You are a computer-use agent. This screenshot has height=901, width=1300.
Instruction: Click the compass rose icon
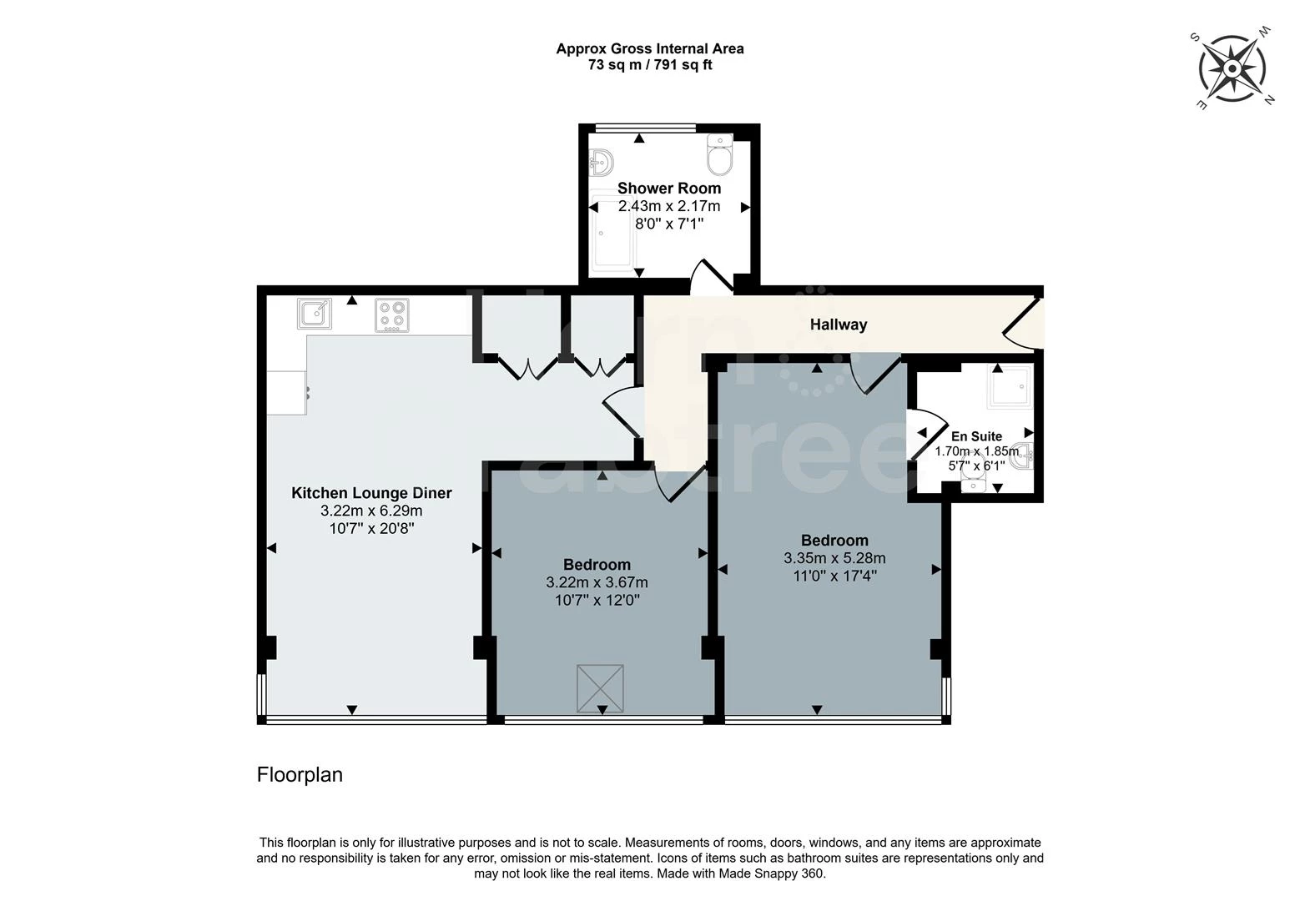(x=1232, y=68)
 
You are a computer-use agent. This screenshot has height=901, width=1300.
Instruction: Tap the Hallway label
(x=838, y=325)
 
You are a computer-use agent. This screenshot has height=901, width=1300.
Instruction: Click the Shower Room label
(x=668, y=188)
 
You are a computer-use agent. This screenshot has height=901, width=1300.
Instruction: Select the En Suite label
(x=976, y=435)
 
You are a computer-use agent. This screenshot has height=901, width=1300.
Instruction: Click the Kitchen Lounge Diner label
(x=371, y=492)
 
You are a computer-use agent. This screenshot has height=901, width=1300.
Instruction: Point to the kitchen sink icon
(x=314, y=314)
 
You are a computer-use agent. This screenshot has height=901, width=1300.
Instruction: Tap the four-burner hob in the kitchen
(x=392, y=315)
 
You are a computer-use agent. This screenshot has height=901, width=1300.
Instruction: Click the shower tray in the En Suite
(x=1010, y=386)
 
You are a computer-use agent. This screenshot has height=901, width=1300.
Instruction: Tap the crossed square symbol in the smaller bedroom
(x=600, y=688)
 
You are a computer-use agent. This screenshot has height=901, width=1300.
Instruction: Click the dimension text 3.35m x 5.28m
(x=834, y=558)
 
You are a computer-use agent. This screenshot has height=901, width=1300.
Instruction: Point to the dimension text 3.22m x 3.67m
(x=597, y=582)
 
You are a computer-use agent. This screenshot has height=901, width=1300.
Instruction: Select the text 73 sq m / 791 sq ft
(x=650, y=65)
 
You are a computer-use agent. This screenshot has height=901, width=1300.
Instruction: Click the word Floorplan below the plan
(x=300, y=775)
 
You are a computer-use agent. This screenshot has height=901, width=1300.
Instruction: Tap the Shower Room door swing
(x=711, y=277)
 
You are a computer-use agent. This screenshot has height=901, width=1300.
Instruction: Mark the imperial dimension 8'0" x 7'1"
(x=668, y=224)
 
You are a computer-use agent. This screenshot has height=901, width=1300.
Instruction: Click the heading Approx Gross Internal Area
(x=650, y=48)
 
